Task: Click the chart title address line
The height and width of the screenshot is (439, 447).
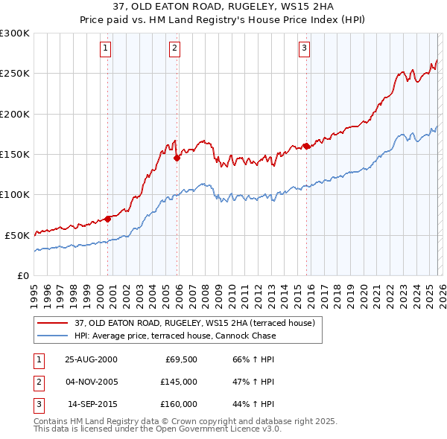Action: coord(223,7)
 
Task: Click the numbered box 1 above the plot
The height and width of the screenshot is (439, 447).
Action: coord(105,49)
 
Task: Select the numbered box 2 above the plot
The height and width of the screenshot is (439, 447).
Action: coord(174,49)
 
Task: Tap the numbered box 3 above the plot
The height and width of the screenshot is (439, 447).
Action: coord(304,49)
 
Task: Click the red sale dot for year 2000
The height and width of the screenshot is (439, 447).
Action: coord(108,218)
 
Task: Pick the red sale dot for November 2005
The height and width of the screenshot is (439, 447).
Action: coord(177,158)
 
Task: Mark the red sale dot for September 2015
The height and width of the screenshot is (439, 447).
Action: coord(306,146)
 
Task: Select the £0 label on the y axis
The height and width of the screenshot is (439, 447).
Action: coord(24,275)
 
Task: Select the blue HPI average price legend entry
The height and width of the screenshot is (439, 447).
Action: coord(175,336)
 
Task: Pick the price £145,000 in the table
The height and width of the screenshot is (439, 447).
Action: coord(179,382)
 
